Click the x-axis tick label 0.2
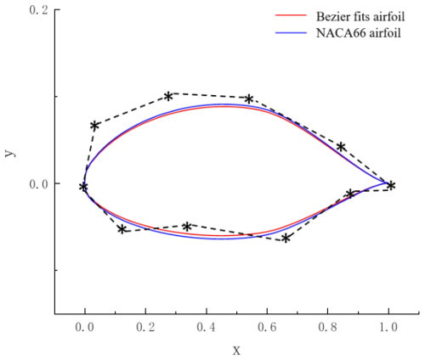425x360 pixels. tap(145, 327)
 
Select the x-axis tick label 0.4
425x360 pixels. tap(206, 327)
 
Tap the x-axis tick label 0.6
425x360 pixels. tap(267, 327)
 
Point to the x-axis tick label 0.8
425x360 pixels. tap(327, 327)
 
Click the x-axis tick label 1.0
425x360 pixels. tap(388, 327)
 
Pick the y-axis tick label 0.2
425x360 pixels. tap(39, 10)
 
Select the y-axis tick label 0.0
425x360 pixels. tap(39, 184)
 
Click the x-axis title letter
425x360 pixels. tap(236, 351)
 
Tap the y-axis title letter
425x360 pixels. tap(10, 153)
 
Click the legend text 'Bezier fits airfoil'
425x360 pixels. tap(360, 17)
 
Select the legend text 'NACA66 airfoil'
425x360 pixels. tap(359, 33)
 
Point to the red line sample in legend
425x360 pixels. tap(291, 15)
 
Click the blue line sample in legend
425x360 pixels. tap(291, 33)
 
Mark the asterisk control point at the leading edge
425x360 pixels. tap(83, 187)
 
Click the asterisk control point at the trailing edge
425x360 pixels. tap(391, 186)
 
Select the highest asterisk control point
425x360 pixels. tap(168, 97)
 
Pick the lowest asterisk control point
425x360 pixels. tap(286, 239)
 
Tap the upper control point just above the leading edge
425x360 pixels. tap(94, 126)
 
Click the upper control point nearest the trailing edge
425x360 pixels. tap(342, 147)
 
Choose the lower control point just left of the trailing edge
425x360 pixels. tap(350, 194)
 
